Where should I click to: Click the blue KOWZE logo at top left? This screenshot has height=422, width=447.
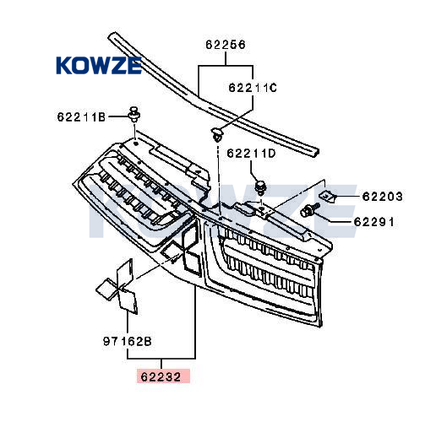pyautogui.click(x=99, y=65)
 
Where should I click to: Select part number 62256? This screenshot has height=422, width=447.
pyautogui.click(x=226, y=45)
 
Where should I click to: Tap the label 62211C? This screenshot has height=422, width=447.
pyautogui.click(x=253, y=88)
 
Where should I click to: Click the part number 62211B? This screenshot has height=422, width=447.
pyautogui.click(x=81, y=117)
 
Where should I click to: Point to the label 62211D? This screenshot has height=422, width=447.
pyautogui.click(x=252, y=154)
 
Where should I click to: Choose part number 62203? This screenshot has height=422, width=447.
pyautogui.click(x=383, y=197)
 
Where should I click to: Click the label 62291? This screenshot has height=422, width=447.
pyautogui.click(x=374, y=221)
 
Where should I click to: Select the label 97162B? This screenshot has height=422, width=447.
pyautogui.click(x=127, y=341)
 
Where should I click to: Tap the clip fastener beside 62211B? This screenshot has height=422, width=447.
pyautogui.click(x=134, y=115)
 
